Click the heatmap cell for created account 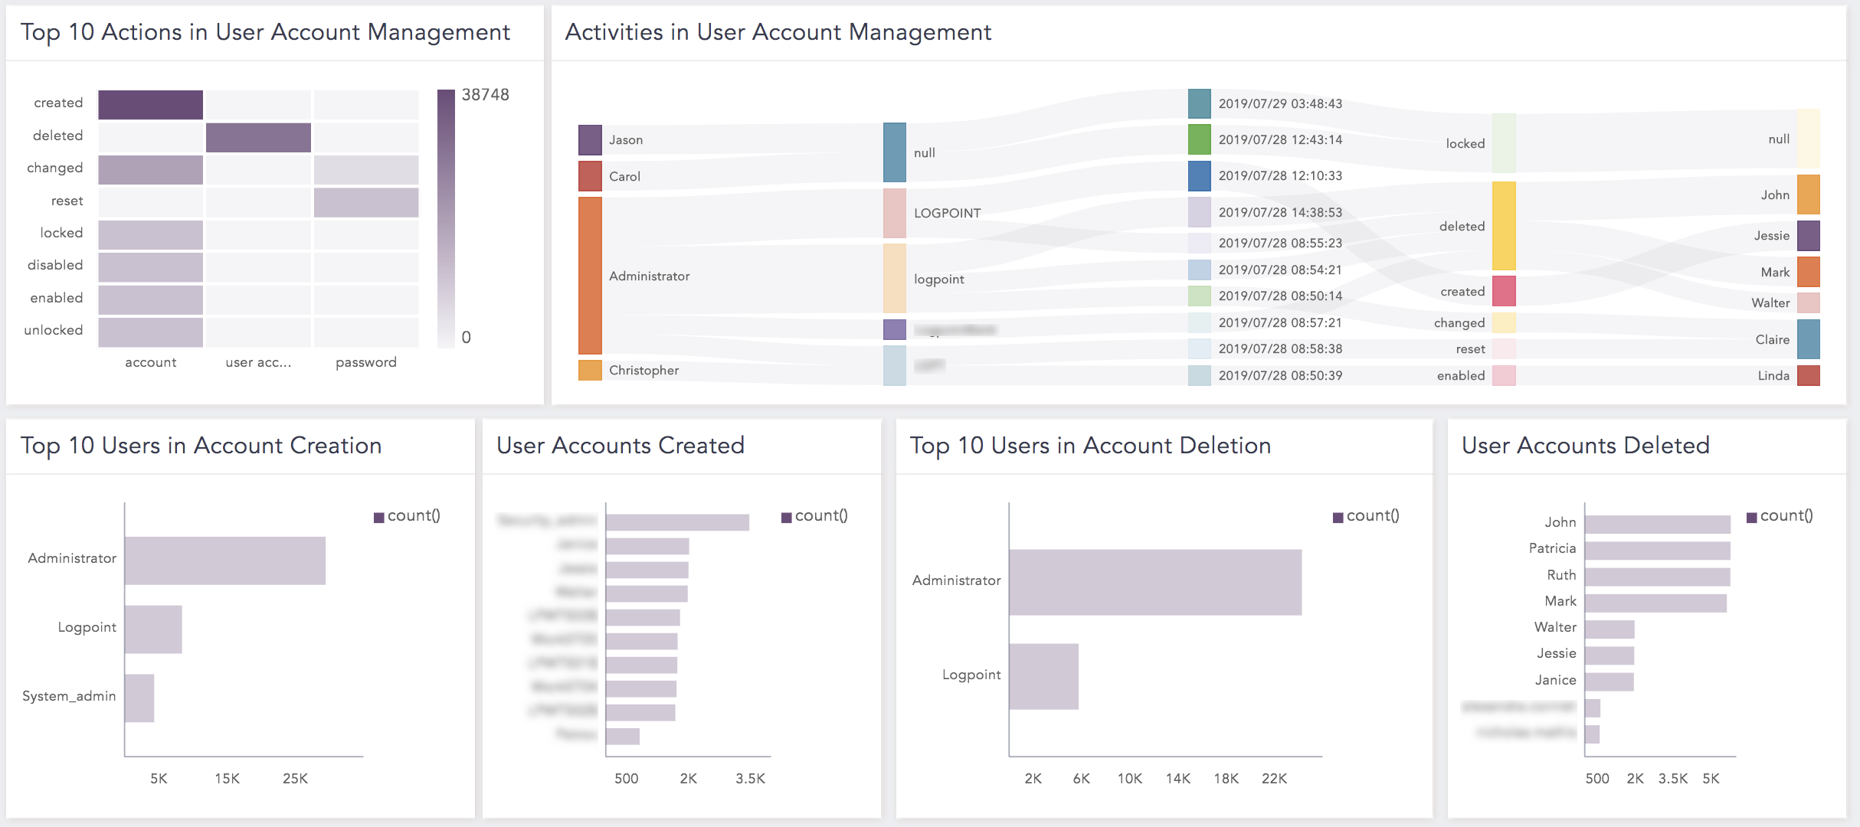(150, 104)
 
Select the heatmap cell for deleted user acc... (258, 137)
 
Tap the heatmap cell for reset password (366, 202)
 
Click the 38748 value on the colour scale (485, 95)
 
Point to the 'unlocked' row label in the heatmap (54, 330)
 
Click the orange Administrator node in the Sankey (590, 276)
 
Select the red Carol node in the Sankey (590, 176)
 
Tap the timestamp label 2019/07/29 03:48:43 (1280, 104)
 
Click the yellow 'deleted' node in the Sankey (1504, 226)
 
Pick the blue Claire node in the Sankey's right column (1808, 339)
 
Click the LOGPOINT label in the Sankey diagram (947, 213)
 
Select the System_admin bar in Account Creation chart (139, 698)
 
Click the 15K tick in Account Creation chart (227, 779)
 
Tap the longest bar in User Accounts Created (677, 522)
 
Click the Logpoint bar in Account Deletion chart (1043, 676)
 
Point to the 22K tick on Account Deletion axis (1274, 779)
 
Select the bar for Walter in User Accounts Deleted (1609, 629)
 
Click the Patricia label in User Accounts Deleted (1552, 548)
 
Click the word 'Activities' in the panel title (614, 32)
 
